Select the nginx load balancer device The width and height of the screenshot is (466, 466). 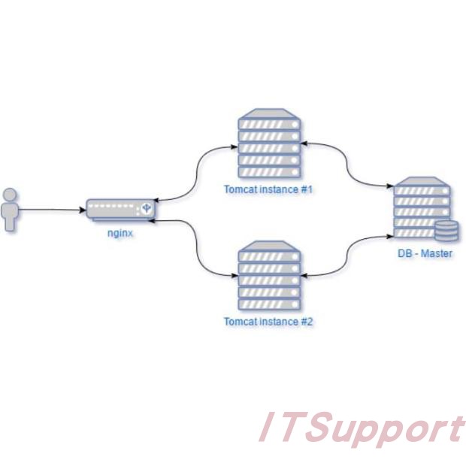[120, 209]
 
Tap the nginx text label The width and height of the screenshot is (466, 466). [120, 233]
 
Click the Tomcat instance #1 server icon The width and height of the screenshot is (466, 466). [268, 143]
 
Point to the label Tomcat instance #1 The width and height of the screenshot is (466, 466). [268, 189]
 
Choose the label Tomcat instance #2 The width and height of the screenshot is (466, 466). [268, 322]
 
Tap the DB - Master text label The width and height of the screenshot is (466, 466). [425, 253]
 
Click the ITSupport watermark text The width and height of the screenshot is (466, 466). [361, 430]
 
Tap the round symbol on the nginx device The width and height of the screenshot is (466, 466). [147, 204]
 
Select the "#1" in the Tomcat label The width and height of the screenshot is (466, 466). [306, 189]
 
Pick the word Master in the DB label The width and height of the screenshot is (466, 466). [437, 253]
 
